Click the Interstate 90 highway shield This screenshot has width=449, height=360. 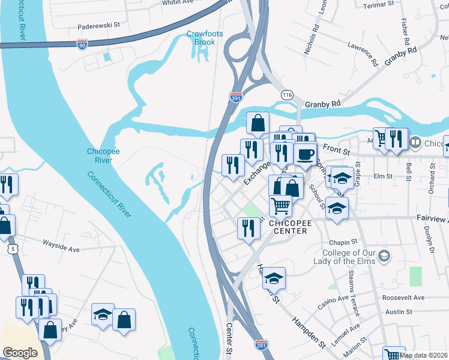[x=82, y=44]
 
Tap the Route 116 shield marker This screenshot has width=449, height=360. [x=287, y=95]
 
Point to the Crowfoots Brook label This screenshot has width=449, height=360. [x=204, y=38]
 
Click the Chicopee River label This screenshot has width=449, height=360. [x=100, y=155]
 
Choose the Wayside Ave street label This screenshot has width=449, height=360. [x=61, y=244]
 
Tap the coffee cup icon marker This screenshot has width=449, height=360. [x=305, y=154]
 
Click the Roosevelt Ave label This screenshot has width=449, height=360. [x=403, y=298]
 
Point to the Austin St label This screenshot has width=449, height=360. [x=399, y=311]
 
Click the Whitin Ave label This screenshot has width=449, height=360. [x=178, y=2]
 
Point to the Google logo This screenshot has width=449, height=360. [x=20, y=353]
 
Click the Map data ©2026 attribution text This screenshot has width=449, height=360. [x=424, y=355]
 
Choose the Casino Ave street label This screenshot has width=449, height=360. [x=333, y=302]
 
